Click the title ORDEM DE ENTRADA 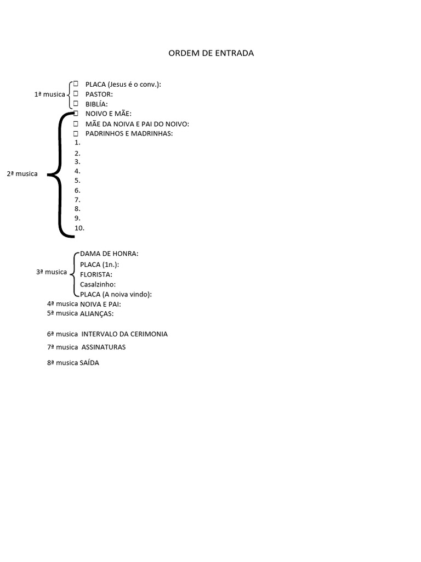point(210,53)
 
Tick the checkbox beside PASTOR point(76,94)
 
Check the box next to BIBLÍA point(76,103)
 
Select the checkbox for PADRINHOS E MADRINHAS point(76,133)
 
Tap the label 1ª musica point(49,94)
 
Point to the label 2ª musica point(22,174)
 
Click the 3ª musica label point(52,272)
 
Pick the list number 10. point(79,228)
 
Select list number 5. point(78,181)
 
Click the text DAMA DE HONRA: point(109,254)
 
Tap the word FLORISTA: point(96,274)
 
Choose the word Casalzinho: point(98,284)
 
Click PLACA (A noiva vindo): point(116,294)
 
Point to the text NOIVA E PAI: point(100,304)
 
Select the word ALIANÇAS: point(96,313)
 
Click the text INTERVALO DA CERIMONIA point(124,334)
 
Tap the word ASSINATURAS point(104,347)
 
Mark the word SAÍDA point(89,363)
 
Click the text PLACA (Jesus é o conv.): point(123,84)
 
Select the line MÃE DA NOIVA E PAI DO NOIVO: point(137,123)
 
